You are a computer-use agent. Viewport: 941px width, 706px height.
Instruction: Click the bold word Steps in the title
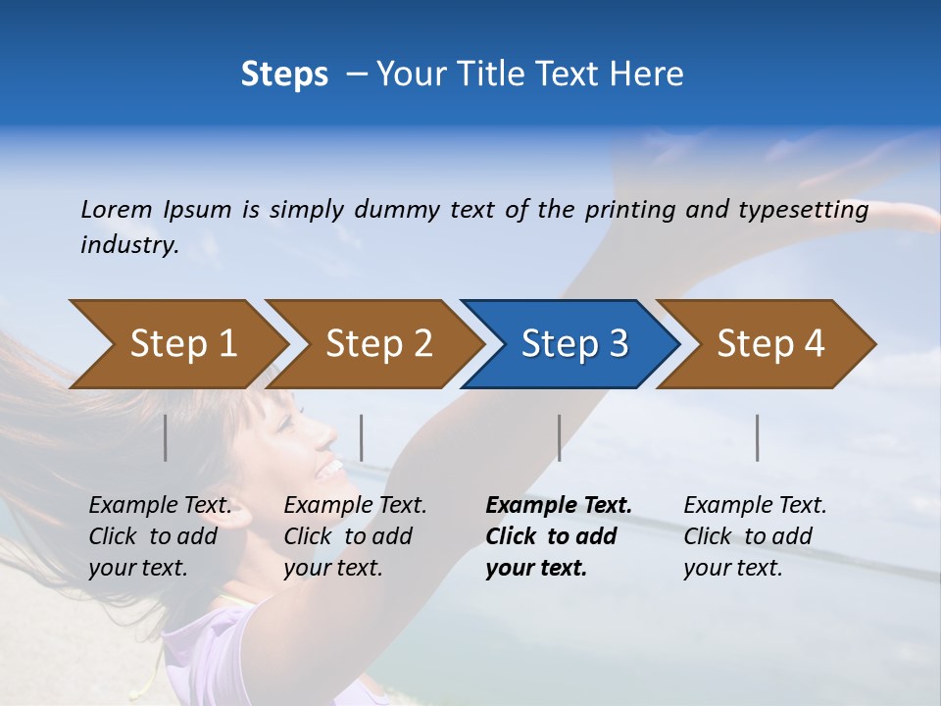(x=284, y=75)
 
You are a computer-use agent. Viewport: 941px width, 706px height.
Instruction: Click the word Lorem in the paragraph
(x=117, y=210)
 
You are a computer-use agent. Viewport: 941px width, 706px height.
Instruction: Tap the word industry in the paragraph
(x=129, y=245)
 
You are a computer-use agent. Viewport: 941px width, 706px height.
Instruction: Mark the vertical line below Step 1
(x=166, y=437)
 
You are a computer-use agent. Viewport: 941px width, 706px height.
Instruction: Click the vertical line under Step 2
(x=362, y=437)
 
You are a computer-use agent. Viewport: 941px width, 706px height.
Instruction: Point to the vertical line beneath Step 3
(x=559, y=437)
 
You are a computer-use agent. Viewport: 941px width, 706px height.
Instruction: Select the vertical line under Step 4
(x=757, y=437)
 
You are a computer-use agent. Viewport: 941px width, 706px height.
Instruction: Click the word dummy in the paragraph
(x=397, y=210)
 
